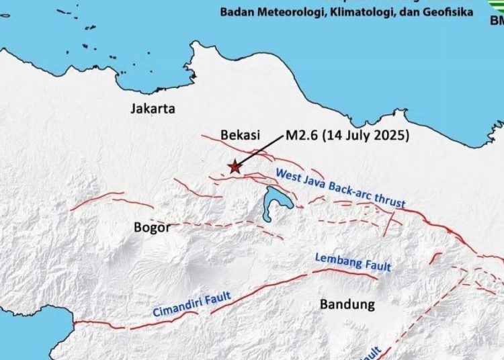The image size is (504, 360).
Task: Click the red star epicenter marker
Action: pos(234,167)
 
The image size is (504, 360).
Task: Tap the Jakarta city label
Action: pos(153,108)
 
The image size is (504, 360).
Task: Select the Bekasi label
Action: pos(240,135)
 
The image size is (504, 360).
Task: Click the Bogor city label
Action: pos(152,228)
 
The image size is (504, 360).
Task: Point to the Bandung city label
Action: pos(347,304)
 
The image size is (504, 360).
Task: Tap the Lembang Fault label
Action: pos(353,263)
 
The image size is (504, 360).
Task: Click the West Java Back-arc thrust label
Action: pos(341,187)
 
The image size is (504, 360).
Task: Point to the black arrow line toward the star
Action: pos(260,151)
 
